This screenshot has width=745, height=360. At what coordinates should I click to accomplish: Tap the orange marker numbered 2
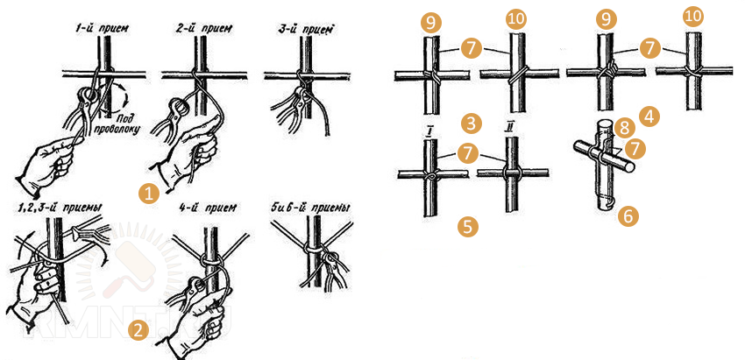click(x=137, y=330)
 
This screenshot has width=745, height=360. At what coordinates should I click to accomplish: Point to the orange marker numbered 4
click(x=649, y=115)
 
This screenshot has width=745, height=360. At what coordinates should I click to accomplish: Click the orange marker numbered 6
click(x=628, y=215)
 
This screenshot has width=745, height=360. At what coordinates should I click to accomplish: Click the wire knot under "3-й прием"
click(x=300, y=74)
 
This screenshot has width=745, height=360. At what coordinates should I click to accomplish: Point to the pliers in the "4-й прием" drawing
click(x=195, y=289)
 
